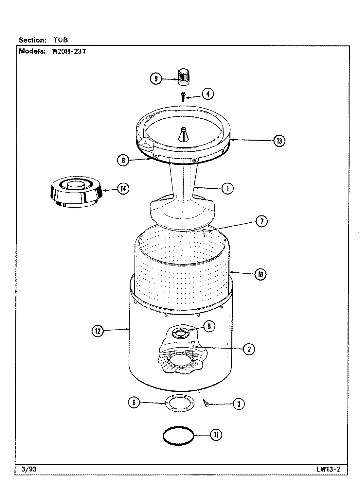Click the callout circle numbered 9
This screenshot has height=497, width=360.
[x=156, y=79]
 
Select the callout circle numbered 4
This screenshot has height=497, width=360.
[x=208, y=94]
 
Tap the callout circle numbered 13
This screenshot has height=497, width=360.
[x=279, y=141]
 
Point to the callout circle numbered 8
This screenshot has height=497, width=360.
[x=123, y=160]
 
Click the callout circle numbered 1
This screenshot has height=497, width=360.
[x=228, y=188]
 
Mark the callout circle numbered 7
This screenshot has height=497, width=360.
[x=261, y=221]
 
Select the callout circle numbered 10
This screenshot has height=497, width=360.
[x=261, y=275]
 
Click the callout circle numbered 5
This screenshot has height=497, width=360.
[x=209, y=326]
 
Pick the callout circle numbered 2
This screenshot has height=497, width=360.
[x=249, y=349]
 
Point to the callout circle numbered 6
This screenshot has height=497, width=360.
[x=134, y=403]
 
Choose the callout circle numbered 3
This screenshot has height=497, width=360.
[x=239, y=404]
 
